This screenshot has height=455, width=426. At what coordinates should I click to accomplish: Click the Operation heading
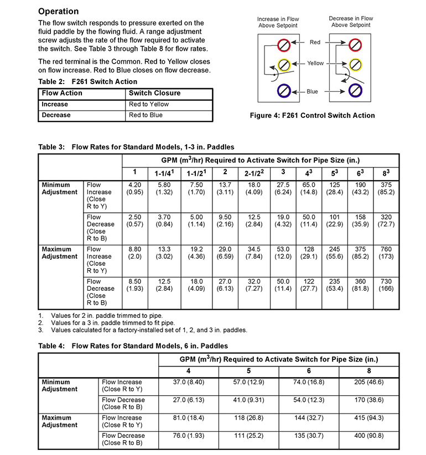(x=59, y=12)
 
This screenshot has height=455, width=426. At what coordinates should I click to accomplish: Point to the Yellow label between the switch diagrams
(x=316, y=64)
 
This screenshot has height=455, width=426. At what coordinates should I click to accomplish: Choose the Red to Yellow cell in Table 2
(x=149, y=104)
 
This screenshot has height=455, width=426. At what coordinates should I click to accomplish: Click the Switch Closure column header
(x=154, y=93)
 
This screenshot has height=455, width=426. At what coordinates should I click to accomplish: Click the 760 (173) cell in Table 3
(x=387, y=253)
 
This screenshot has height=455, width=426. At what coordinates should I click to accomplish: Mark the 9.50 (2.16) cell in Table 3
(x=226, y=221)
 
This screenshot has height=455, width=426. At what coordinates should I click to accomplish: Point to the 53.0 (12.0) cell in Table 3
(x=283, y=253)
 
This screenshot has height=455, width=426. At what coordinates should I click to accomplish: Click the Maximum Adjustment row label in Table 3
(x=60, y=253)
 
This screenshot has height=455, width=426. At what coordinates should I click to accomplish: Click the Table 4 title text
(x=133, y=346)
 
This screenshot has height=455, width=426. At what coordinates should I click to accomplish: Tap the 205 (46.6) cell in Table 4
(x=369, y=382)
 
